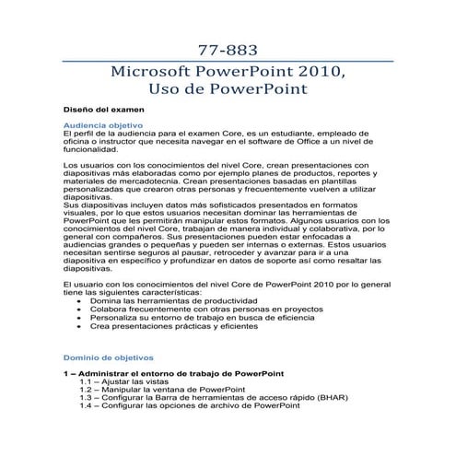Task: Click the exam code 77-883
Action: (x=228, y=48)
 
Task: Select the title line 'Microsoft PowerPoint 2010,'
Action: (x=228, y=73)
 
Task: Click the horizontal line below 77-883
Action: (x=228, y=61)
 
